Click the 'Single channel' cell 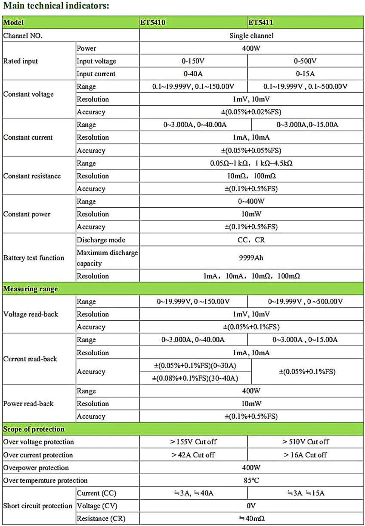[x=251, y=35]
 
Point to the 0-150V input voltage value [x=193, y=61]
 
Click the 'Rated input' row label [x=21, y=61]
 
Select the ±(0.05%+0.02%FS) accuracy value [x=251, y=112]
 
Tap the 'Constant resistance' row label [x=32, y=176]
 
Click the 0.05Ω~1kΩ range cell [x=251, y=163]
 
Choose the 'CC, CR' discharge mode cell [x=251, y=240]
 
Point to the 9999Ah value [x=251, y=258]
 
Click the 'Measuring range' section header [x=31, y=288]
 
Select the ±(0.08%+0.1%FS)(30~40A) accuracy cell [x=196, y=378]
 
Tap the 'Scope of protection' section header [x=34, y=429]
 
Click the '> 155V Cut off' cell [x=193, y=442]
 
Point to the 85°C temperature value [x=251, y=480]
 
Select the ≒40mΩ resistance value [x=251, y=519]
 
